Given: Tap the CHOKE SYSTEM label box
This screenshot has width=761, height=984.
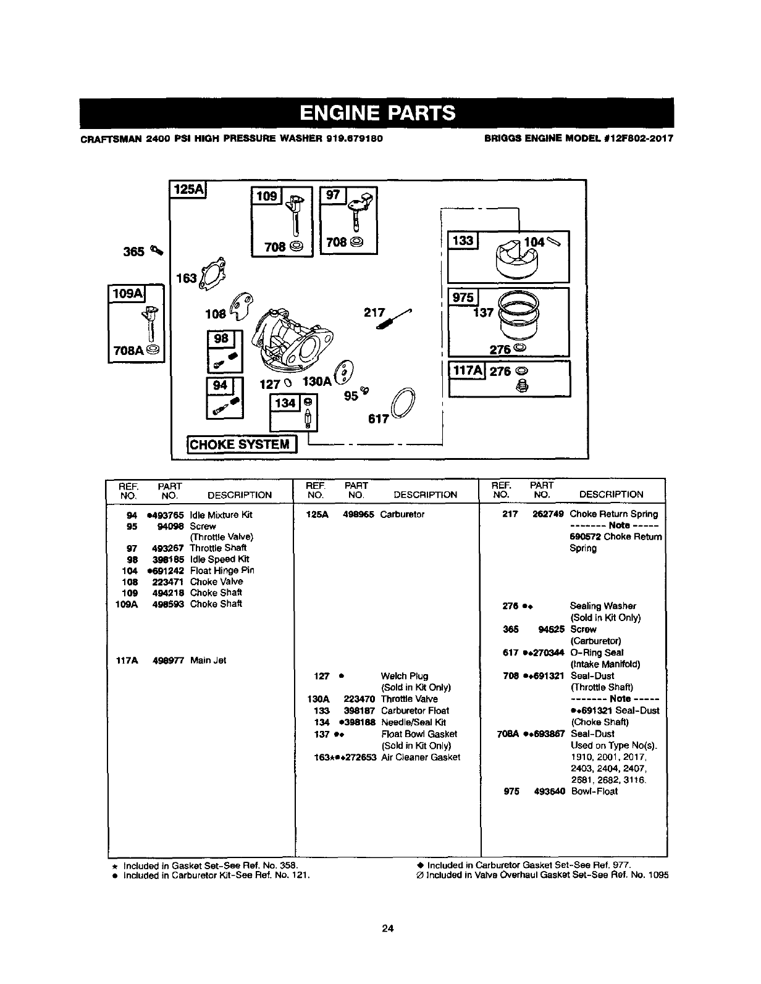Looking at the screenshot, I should click(x=242, y=444).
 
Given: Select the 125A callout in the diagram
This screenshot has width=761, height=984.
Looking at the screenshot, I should click(x=189, y=190).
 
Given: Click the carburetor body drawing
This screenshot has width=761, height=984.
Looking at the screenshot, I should click(x=293, y=337).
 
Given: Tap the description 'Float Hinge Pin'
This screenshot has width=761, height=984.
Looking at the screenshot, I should click(x=222, y=570).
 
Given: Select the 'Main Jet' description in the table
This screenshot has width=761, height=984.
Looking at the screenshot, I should click(x=208, y=661).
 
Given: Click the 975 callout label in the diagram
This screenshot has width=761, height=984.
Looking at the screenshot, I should click(x=463, y=298).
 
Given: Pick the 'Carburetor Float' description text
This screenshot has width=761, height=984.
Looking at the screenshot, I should click(x=415, y=711).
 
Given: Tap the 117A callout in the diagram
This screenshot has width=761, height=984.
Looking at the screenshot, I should click(x=468, y=371).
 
